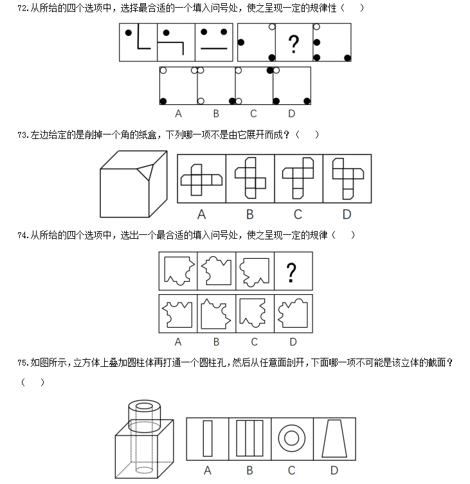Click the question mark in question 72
pos(294,44)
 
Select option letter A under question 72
pos(178,114)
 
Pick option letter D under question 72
pos(292,114)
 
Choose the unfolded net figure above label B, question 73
pos(249,178)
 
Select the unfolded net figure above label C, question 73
pos(298,178)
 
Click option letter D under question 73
pos(347,214)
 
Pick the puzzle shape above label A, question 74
pos(178,313)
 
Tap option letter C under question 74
pos(255,342)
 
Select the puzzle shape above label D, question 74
pos(293,313)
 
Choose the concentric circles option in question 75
pos(292,438)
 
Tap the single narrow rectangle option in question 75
pos(207,438)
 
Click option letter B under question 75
pos(249,470)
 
